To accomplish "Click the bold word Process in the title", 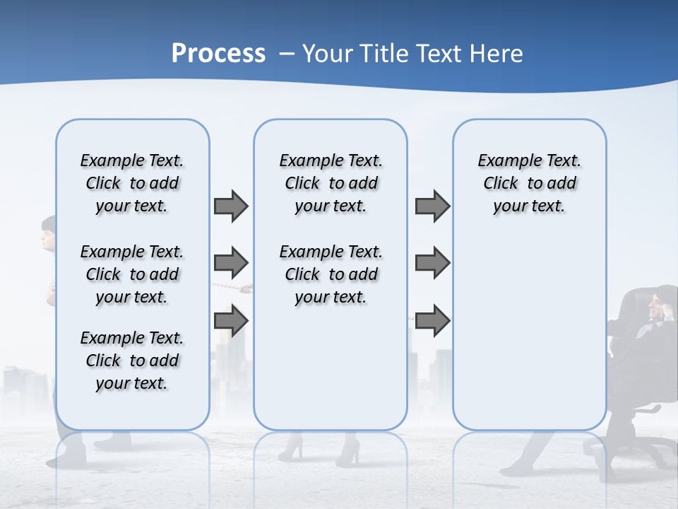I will click(x=218, y=54).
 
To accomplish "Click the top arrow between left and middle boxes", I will click(x=231, y=206).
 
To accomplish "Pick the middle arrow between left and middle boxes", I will click(x=231, y=263).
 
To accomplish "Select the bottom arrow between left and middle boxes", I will click(x=231, y=322).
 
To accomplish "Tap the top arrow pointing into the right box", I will click(x=432, y=206).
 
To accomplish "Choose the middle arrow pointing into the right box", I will click(x=432, y=263).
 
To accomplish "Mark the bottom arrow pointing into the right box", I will click(x=432, y=322).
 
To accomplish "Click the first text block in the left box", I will click(x=132, y=183).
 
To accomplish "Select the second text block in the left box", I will click(x=132, y=274).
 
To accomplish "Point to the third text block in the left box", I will click(x=132, y=361).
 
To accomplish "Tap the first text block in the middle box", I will click(x=331, y=183).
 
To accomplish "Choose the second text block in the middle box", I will click(x=331, y=274).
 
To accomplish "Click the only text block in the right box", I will click(x=529, y=183).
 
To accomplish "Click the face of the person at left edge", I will click(x=48, y=235).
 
